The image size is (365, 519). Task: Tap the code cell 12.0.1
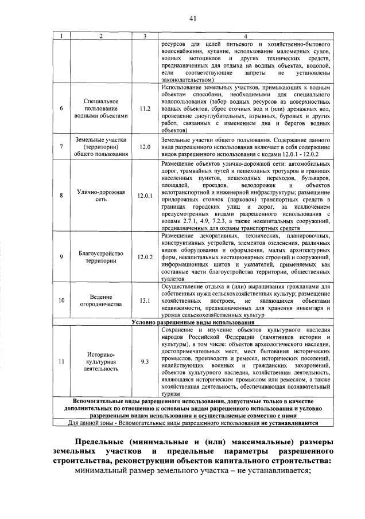pyautogui.click(x=145, y=196)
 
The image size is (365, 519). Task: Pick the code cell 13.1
pyautogui.click(x=145, y=301)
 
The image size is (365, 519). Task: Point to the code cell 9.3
pyautogui.click(x=145, y=362)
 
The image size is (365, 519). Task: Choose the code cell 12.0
pyautogui.click(x=145, y=147)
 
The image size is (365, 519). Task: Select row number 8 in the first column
pyautogui.click(x=61, y=196)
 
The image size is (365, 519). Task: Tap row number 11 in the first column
pyautogui.click(x=61, y=362)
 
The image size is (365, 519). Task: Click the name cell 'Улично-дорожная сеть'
pyautogui.click(x=100, y=196)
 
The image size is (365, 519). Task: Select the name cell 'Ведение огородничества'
pyautogui.click(x=100, y=301)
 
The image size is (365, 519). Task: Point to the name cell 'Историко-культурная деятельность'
pyautogui.click(x=100, y=362)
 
